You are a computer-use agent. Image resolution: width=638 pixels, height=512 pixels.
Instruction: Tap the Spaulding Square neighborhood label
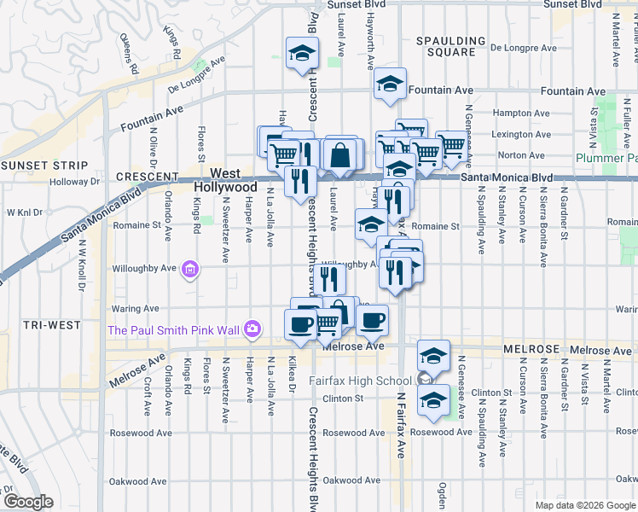(450, 46)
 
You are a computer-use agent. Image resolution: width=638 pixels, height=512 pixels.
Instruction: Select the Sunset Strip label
(43, 165)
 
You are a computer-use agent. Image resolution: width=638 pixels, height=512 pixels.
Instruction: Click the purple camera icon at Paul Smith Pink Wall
(252, 329)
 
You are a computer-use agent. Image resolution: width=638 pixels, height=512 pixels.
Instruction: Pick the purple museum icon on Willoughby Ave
(190, 271)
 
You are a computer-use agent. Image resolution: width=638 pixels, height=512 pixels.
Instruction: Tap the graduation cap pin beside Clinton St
(434, 399)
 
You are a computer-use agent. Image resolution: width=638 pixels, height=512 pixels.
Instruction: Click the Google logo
(29, 501)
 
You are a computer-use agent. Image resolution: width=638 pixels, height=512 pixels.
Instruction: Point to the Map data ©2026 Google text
(584, 505)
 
